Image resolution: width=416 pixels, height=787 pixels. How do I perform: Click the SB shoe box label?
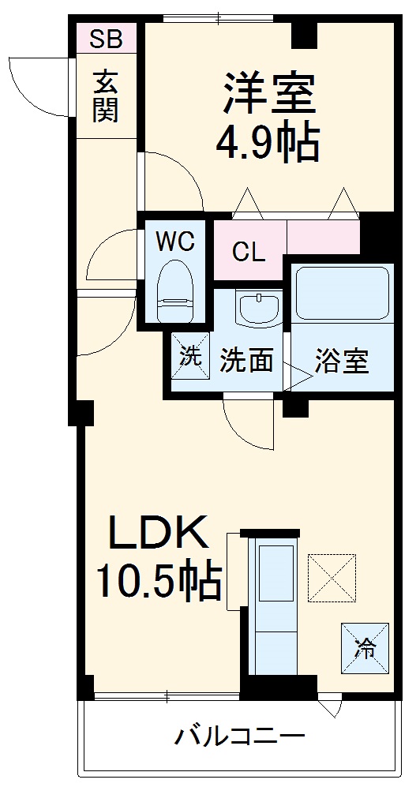[106, 39]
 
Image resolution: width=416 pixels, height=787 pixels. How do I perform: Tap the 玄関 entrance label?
[105, 96]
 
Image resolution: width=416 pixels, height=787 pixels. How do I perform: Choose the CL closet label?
[249, 253]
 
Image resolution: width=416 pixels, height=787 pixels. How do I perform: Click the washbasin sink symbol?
[258, 308]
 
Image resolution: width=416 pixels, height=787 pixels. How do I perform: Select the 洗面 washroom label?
[246, 360]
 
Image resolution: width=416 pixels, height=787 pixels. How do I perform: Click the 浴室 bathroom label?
[342, 360]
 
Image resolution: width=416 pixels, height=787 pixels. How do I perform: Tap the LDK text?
[158, 535]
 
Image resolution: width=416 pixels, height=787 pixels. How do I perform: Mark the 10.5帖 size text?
[158, 582]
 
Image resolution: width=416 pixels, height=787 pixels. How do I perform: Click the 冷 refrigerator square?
[365, 648]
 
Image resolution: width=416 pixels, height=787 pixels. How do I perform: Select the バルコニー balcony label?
[239, 739]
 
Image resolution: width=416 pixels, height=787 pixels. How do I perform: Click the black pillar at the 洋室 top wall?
[305, 34]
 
